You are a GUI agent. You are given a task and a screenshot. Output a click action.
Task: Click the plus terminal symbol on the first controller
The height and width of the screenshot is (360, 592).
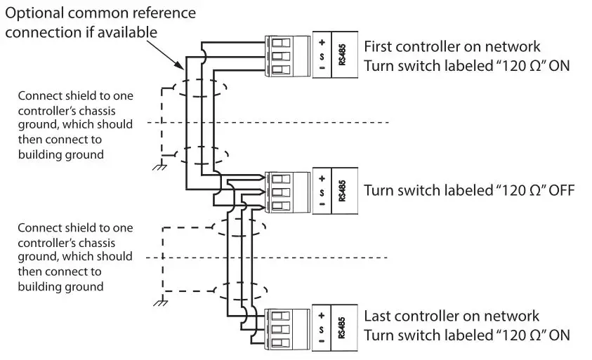tap(321, 41)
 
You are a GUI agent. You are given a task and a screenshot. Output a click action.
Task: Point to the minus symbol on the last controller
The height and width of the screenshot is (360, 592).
tap(321, 342)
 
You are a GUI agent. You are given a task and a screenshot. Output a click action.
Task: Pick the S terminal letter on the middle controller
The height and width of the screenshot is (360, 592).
tap(321, 192)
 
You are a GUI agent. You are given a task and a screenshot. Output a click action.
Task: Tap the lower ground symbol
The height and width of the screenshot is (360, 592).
tap(161, 302)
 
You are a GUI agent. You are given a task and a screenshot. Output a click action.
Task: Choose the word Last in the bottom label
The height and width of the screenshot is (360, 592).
tap(377, 316)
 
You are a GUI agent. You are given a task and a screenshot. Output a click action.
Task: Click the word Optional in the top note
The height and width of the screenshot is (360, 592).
tap(38, 13)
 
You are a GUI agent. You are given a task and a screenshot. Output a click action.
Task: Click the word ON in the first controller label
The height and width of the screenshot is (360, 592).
tap(559, 67)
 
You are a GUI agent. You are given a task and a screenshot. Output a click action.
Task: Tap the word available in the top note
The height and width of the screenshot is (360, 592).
tap(126, 33)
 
